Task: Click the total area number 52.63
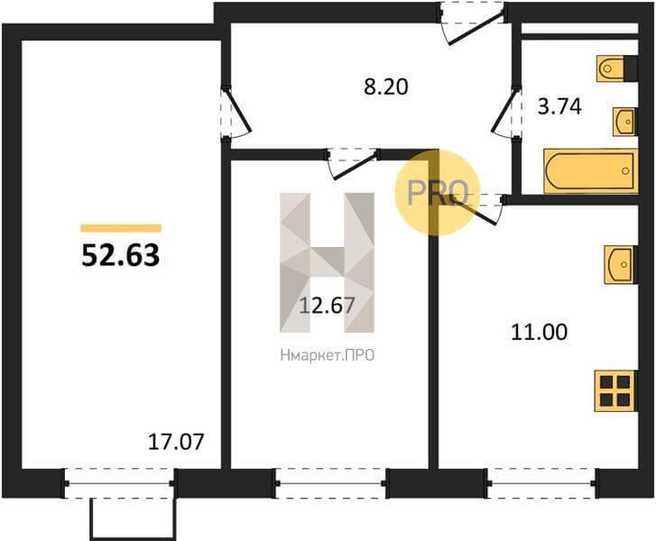(x=121, y=255)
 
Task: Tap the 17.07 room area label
(x=176, y=442)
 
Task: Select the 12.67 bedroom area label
(x=328, y=306)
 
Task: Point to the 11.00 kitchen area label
(x=540, y=333)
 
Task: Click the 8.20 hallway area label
(x=385, y=87)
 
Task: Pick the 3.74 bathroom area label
(x=559, y=106)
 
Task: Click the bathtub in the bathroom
(x=590, y=171)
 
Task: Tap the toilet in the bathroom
(x=616, y=69)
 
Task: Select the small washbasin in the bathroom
(x=625, y=122)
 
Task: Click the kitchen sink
(x=621, y=265)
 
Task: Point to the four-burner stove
(x=615, y=390)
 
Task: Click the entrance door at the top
(x=473, y=23)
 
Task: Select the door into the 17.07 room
(x=236, y=112)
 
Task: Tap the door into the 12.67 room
(x=352, y=163)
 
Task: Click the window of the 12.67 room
(x=330, y=483)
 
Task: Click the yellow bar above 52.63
(x=121, y=228)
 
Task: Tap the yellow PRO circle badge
(x=437, y=192)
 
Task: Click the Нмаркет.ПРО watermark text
(x=328, y=355)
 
